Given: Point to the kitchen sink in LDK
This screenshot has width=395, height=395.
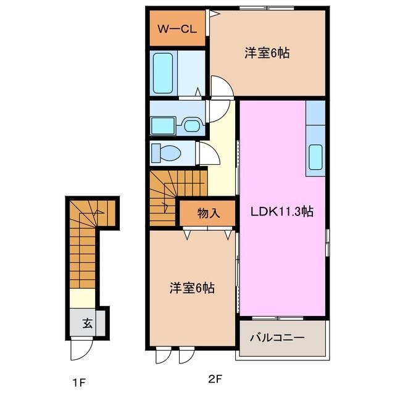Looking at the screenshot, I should pos(315,157).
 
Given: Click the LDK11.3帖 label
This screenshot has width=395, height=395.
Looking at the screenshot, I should pos(282,212).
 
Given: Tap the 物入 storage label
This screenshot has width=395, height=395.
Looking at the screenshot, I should pos(208,214).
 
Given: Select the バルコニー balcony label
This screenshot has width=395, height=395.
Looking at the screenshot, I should pos(277,338).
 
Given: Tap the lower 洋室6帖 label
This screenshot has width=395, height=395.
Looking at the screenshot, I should pos(192,288).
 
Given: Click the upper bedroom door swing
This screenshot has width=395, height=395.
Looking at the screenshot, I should pos(222,87).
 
